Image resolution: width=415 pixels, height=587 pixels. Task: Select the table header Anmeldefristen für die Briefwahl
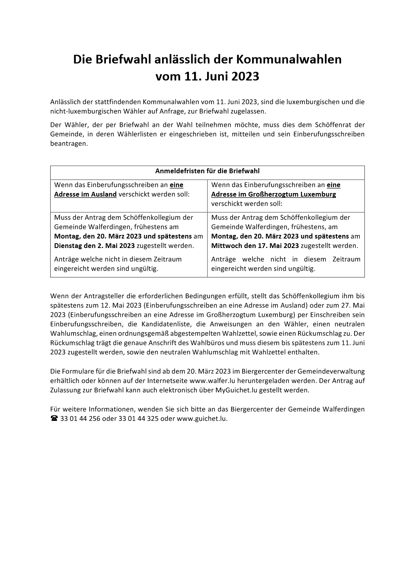[x=207, y=171]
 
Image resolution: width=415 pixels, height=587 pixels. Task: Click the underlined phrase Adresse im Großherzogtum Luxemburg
[x=274, y=194]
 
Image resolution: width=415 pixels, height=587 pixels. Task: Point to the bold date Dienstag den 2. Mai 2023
[x=94, y=246]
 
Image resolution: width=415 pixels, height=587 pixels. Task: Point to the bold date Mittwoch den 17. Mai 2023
[x=255, y=246]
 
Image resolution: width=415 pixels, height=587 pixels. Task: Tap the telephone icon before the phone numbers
[x=54, y=418]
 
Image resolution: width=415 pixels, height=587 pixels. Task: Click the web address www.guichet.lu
[x=202, y=418]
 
